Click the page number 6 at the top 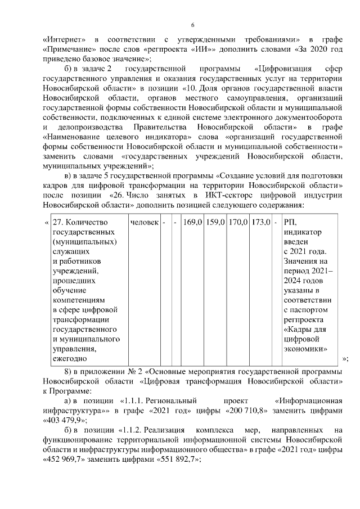tap(192, 25)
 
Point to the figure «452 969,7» tap(65, 459)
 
